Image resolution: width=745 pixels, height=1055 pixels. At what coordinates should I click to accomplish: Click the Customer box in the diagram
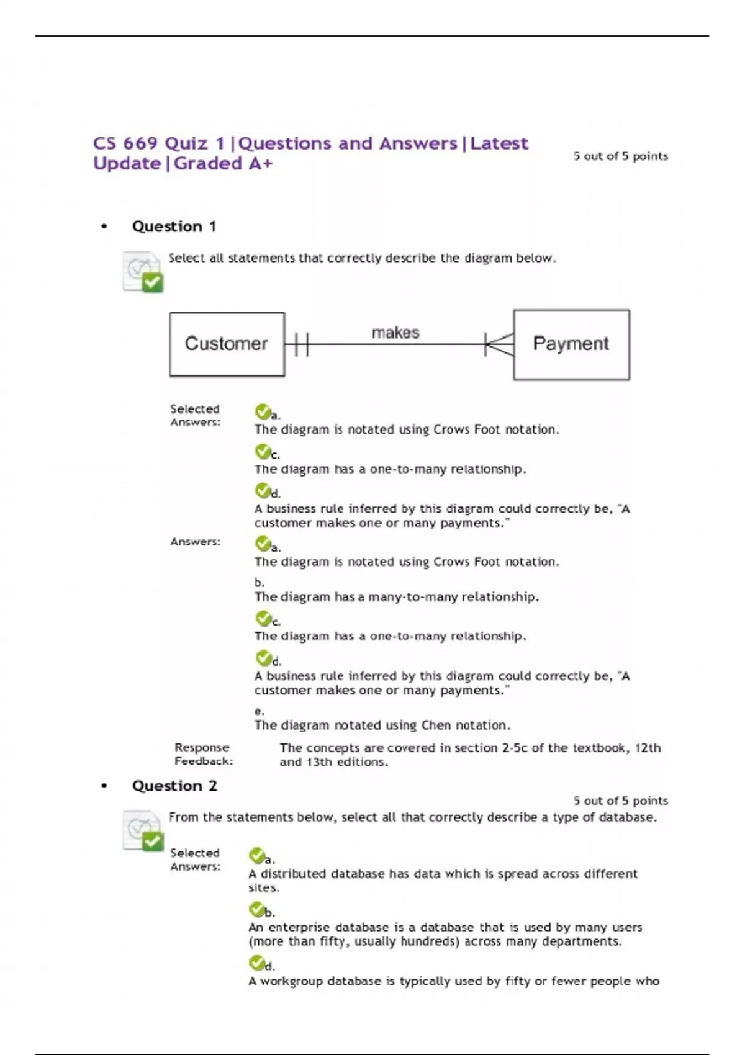click(227, 344)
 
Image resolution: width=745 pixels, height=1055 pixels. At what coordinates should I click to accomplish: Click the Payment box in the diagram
click(571, 344)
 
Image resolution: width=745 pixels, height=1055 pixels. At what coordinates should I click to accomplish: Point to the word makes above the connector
click(395, 333)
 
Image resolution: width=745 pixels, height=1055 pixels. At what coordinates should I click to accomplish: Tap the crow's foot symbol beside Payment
click(499, 344)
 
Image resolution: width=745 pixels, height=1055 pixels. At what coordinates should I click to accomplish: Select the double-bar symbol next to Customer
click(301, 344)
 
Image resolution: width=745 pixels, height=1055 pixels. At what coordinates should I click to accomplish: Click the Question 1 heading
click(174, 227)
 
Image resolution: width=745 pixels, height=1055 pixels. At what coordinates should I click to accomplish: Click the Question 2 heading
click(174, 786)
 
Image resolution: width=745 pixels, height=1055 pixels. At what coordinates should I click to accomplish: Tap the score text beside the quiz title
click(620, 156)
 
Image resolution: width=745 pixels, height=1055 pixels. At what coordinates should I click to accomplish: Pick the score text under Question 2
click(620, 801)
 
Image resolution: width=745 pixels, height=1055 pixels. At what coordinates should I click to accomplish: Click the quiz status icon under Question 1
click(143, 271)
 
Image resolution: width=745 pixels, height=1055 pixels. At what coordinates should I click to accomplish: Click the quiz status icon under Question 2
click(143, 830)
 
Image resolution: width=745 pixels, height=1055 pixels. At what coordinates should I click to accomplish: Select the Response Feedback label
click(203, 754)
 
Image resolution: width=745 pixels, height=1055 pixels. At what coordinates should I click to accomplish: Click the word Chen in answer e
click(436, 725)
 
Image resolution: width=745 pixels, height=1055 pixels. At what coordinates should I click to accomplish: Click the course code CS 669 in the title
click(125, 143)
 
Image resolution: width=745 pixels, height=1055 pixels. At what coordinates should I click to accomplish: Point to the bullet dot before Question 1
click(104, 227)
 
